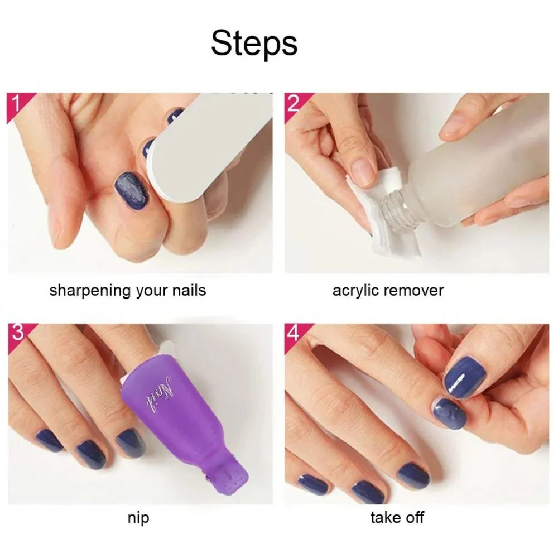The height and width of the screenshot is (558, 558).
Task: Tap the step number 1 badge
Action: (x=16, y=104)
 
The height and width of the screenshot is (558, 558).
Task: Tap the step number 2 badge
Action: (x=293, y=104)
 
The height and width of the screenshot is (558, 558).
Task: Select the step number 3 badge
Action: (x=17, y=333)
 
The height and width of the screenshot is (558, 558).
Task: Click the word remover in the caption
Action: (x=415, y=291)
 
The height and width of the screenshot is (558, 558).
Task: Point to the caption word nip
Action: (x=138, y=518)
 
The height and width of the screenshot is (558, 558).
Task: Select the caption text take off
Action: (x=397, y=518)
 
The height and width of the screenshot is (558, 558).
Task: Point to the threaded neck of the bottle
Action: (x=400, y=210)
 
